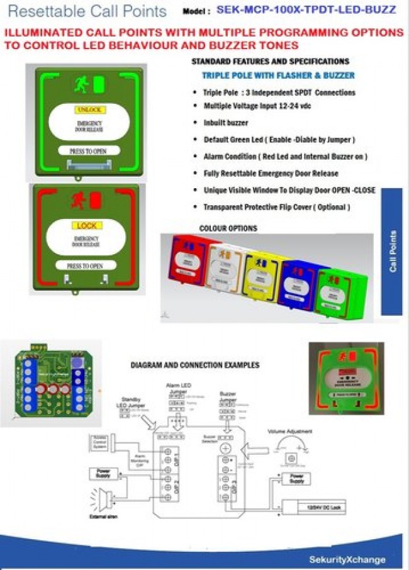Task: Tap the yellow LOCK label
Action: [x=86, y=226]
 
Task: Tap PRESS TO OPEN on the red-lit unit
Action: [x=85, y=266]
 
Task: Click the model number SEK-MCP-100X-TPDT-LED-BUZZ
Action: [x=306, y=10]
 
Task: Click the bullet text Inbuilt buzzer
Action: [x=225, y=123]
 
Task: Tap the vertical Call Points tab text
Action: [x=393, y=251]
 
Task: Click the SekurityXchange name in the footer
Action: [x=347, y=559]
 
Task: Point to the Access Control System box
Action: [x=101, y=442]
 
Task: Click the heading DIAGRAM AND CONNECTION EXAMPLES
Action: [x=194, y=365]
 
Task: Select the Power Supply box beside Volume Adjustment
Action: [x=295, y=479]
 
